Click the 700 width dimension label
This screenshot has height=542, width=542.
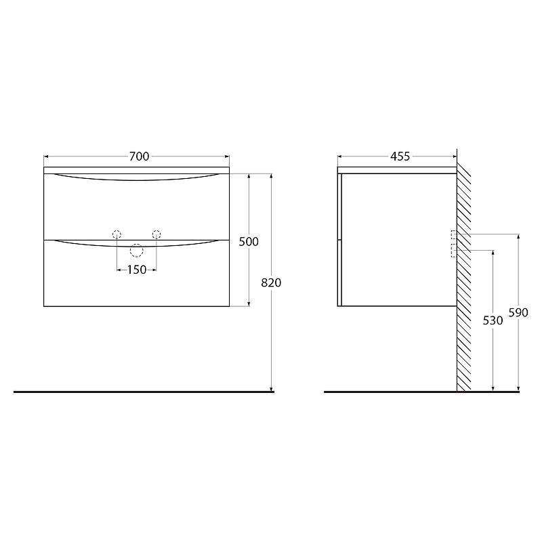140,157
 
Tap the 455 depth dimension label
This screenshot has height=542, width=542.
400,157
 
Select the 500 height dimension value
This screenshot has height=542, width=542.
249,242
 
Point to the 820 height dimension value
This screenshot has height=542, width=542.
271,283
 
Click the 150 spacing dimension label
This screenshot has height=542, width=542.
137,270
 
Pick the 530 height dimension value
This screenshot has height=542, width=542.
493,320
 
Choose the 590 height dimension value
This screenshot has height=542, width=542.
518,313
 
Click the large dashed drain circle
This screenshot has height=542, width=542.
137,244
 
